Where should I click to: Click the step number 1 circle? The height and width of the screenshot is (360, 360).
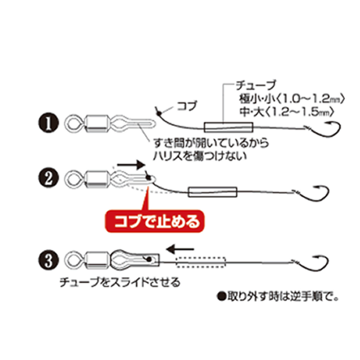click(48, 123)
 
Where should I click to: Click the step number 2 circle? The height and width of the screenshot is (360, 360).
click(48, 178)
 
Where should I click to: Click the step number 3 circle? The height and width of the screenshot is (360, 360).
click(48, 260)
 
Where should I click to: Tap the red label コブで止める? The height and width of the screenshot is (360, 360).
click(154, 221)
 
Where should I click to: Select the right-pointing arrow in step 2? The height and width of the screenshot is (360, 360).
click(131, 165)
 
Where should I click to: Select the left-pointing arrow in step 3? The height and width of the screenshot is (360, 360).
click(180, 249)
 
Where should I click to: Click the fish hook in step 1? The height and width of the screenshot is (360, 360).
click(326, 129)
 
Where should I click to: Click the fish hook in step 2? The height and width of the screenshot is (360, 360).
click(314, 194)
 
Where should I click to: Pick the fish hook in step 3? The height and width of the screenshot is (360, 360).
click(314, 264)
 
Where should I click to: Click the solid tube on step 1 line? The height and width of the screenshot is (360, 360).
click(228, 127)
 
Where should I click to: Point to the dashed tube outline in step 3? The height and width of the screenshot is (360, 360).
click(201, 262)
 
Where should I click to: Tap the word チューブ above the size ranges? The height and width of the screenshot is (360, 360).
click(255, 85)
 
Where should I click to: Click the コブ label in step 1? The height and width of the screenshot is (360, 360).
click(187, 106)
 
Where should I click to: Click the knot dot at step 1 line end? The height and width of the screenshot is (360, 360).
click(158, 113)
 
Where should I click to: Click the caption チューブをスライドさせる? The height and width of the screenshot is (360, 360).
click(120, 282)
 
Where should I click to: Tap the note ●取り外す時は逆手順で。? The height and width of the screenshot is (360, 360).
click(278, 297)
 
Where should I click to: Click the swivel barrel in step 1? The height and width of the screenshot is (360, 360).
click(96, 123)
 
